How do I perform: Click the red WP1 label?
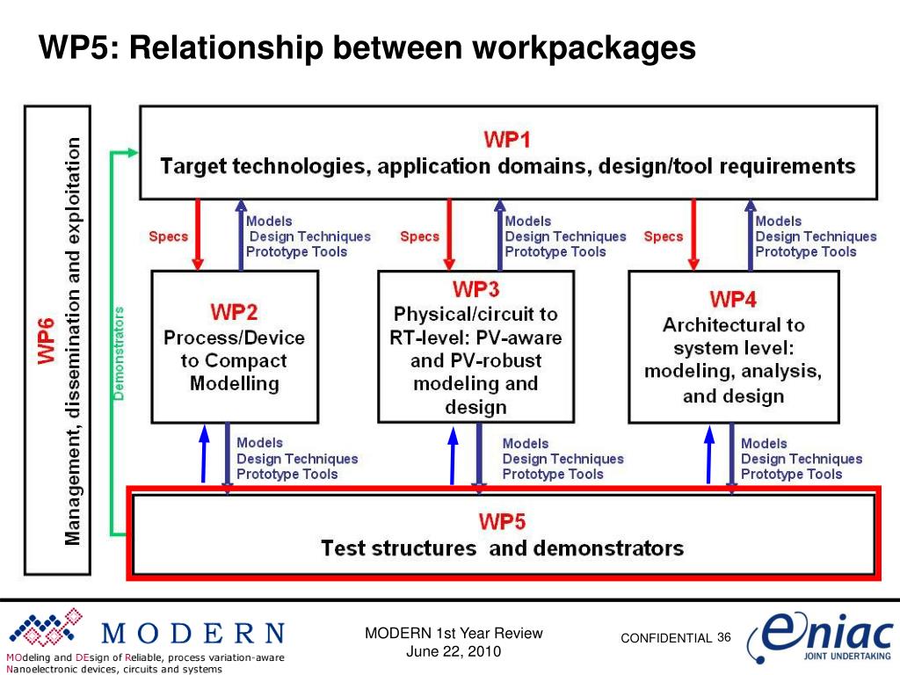point(507,140)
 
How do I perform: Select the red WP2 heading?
point(234,312)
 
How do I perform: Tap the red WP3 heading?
point(475,289)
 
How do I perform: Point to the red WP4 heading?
point(733,300)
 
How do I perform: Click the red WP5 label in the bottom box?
point(502,522)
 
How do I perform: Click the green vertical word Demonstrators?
point(120,353)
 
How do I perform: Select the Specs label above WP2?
point(168,236)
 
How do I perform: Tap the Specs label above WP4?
point(663,236)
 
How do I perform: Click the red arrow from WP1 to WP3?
point(450,234)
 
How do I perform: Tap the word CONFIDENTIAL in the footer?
point(666,638)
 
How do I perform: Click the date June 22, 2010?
point(454,651)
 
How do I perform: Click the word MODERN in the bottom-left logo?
point(193,634)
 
